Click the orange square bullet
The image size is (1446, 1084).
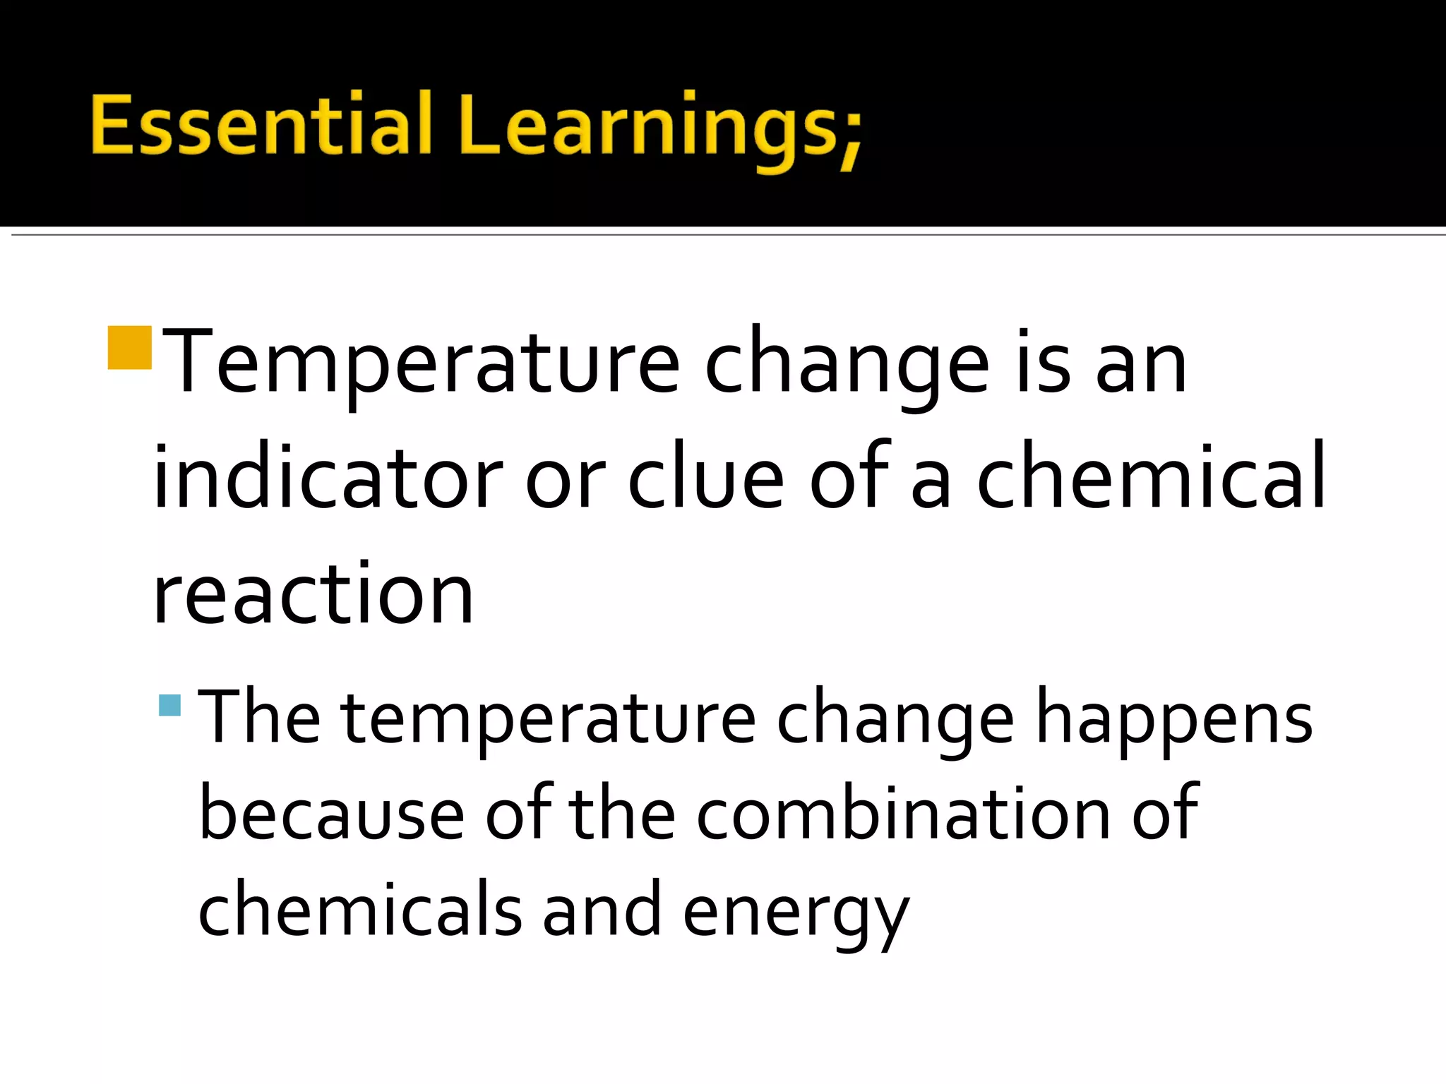130,348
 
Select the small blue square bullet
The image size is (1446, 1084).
170,705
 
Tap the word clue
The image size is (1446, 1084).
705,478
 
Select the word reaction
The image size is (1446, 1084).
313,594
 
